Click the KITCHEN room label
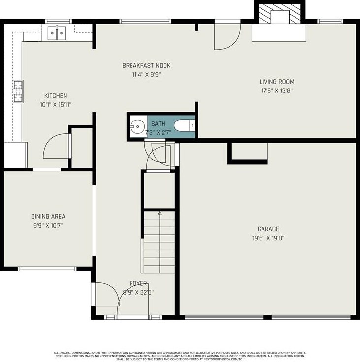tap(56, 96)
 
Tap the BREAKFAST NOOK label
tap(146, 66)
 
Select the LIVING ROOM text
tap(277, 82)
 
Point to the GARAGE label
tap(268, 229)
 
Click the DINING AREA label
tap(48, 217)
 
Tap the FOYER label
tap(138, 283)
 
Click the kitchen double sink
tap(58, 33)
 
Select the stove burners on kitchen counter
tap(18, 91)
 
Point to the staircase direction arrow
tap(159, 214)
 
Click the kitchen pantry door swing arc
tap(57, 147)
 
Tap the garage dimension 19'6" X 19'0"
tap(268, 238)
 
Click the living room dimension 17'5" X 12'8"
tap(277, 90)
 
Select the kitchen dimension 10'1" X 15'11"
tap(56, 105)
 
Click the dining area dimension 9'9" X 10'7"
tap(48, 226)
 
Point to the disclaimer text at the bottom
tap(180, 356)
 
